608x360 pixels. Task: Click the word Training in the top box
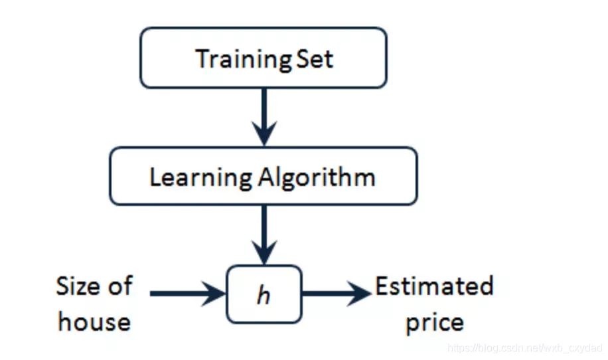pos(244,60)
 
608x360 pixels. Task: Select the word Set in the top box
pos(315,59)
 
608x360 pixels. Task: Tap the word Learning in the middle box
pos(201,178)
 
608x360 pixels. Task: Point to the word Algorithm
pos(317,178)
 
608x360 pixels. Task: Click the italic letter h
pos(264,295)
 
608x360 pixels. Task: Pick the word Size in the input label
pos(77,286)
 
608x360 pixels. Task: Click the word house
pos(94,321)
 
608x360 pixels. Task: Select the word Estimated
pos(434,286)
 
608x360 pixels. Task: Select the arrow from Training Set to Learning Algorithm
pos(264,117)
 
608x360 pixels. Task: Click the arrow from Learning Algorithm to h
pos(264,235)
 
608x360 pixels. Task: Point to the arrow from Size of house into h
pos(188,294)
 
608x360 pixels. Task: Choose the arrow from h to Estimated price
pos(337,294)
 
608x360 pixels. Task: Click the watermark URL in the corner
pos(525,348)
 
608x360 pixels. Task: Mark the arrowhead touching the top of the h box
pos(264,252)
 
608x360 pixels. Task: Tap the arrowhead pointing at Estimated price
pos(358,294)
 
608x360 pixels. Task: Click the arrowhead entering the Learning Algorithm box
pos(264,134)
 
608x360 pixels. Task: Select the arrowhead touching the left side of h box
pos(213,294)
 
